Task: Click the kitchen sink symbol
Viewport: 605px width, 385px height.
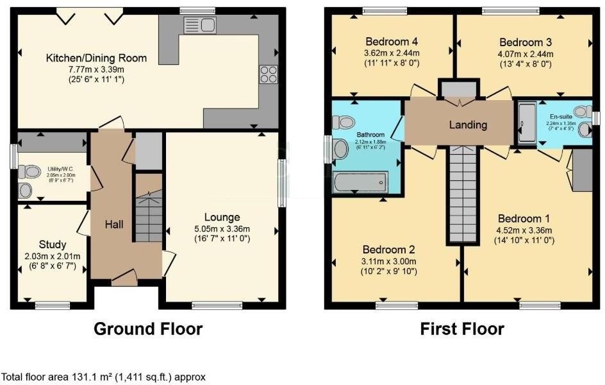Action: [200, 26]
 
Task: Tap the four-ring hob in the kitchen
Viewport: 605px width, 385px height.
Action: [267, 74]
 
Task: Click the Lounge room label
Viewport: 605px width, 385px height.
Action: [222, 217]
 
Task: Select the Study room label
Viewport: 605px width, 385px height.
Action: [53, 244]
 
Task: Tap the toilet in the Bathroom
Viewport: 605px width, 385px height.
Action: [345, 122]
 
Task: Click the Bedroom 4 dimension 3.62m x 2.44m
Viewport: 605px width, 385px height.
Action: [391, 53]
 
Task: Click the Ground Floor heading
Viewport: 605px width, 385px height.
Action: [148, 329]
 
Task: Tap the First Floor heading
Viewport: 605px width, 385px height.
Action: [461, 329]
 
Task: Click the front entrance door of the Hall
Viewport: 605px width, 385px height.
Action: [124, 277]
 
